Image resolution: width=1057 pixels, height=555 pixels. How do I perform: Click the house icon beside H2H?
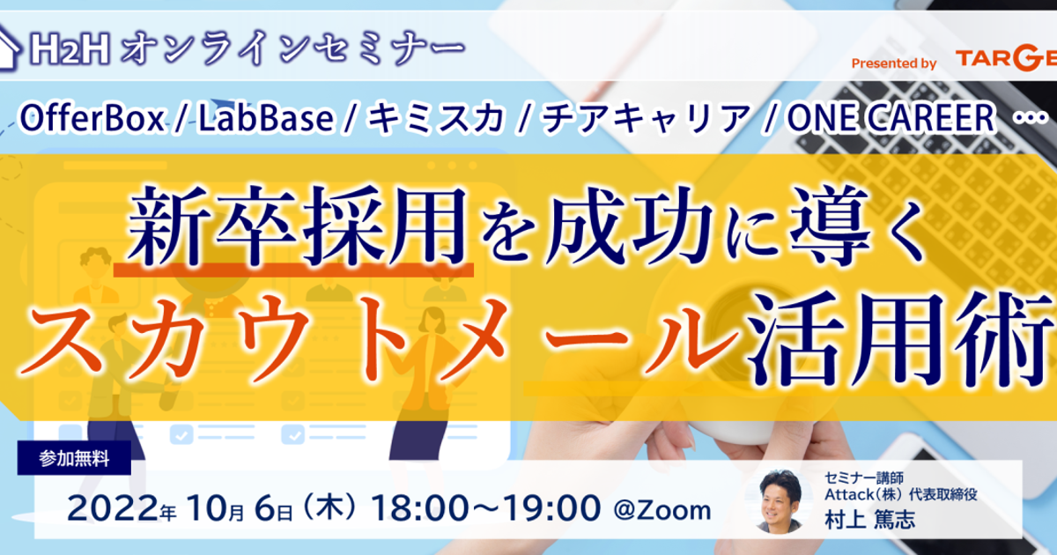[x=9, y=48]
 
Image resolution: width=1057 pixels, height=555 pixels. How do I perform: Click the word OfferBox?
[x=92, y=118]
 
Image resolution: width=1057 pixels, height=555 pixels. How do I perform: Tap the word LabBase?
[x=266, y=118]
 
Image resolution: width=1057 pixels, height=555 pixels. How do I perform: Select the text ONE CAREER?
[x=891, y=118]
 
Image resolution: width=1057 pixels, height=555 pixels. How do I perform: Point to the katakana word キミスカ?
[x=436, y=118]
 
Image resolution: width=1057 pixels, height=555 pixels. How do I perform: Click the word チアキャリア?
[x=647, y=118]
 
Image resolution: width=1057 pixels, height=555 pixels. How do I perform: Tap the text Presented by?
[x=894, y=63]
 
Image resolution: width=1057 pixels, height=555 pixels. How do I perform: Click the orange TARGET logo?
[x=1006, y=60]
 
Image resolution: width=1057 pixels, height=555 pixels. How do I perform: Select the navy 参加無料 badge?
[x=74, y=458]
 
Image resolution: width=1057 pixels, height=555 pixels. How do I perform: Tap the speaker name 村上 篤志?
[x=869, y=520]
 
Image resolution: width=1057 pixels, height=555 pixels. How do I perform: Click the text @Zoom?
[x=662, y=510]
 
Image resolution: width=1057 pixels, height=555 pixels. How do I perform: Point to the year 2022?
[x=113, y=509]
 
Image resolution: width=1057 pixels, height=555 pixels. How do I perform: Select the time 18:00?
[x=420, y=509]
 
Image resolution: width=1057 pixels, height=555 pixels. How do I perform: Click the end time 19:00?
[x=552, y=509]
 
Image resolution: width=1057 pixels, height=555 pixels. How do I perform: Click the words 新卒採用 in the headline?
[x=298, y=226]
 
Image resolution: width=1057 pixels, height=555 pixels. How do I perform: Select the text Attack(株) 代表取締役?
[x=901, y=494]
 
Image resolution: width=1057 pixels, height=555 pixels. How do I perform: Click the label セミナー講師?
[x=864, y=478]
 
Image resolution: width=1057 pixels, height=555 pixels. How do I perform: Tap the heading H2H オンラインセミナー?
[x=247, y=48]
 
